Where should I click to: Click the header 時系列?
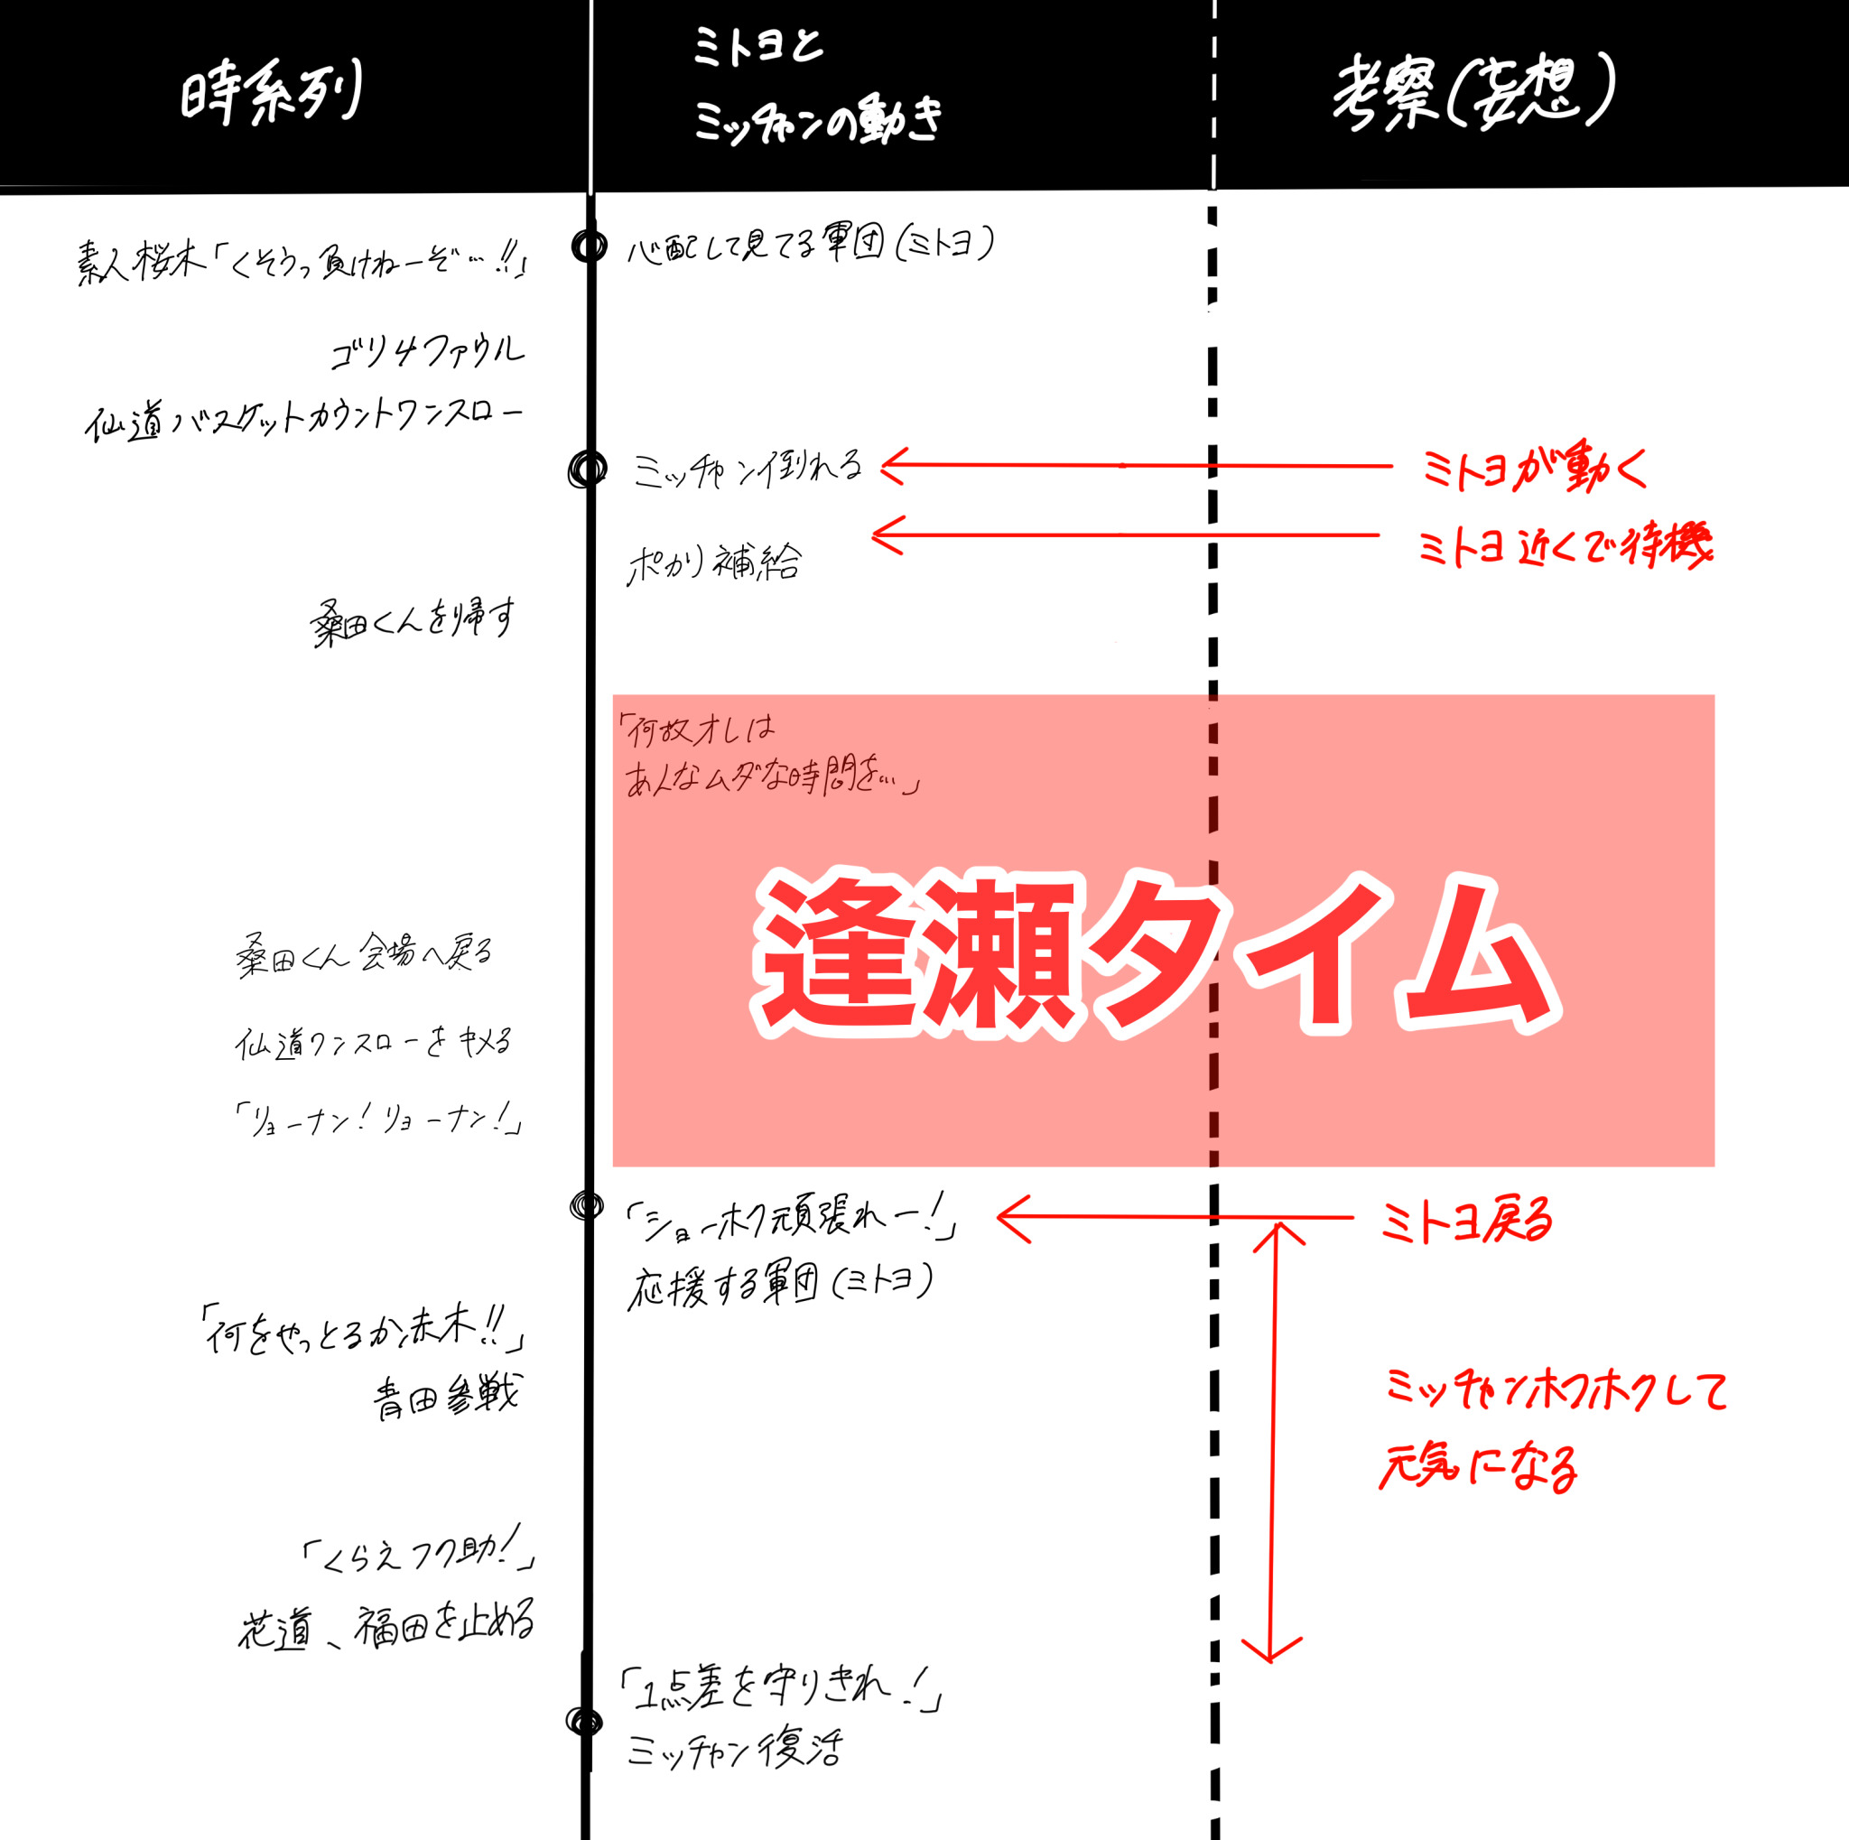click(271, 94)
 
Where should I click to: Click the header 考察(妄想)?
click(1473, 93)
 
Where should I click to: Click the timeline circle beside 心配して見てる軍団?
click(589, 246)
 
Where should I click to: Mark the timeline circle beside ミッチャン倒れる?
click(588, 469)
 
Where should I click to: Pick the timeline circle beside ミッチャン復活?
click(584, 1722)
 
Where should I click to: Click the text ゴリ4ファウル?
click(427, 351)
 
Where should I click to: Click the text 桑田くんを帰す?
click(413, 621)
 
